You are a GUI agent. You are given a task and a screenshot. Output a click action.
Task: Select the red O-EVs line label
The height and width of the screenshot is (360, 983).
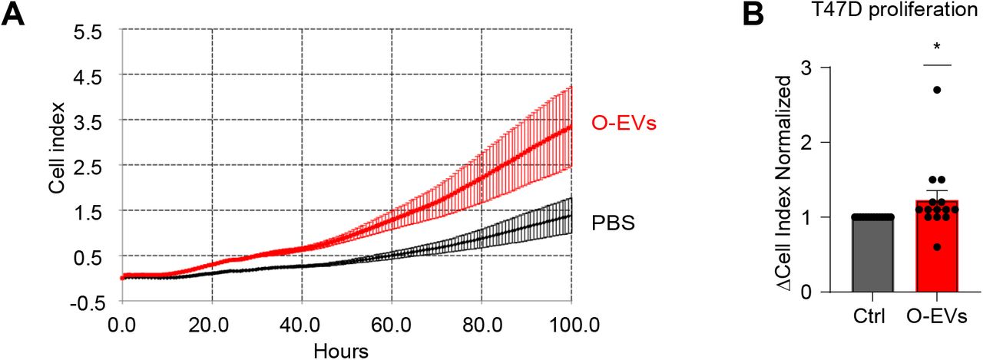623,123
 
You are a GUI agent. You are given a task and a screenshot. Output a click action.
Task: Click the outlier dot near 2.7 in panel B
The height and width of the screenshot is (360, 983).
936,91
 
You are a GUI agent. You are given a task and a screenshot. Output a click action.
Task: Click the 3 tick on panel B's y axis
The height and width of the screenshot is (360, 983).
805,68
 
